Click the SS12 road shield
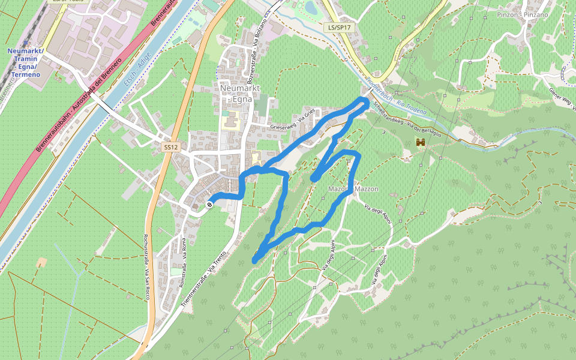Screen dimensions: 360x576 pyautogui.click(x=171, y=147)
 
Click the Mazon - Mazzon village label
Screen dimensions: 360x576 pyautogui.click(x=353, y=189)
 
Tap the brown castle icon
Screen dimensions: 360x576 pyautogui.click(x=421, y=142)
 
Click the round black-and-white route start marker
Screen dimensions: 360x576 pyautogui.click(x=209, y=205)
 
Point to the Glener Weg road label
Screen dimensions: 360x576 pyautogui.click(x=562, y=99)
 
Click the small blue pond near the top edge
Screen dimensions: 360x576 pyautogui.click(x=311, y=8)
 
